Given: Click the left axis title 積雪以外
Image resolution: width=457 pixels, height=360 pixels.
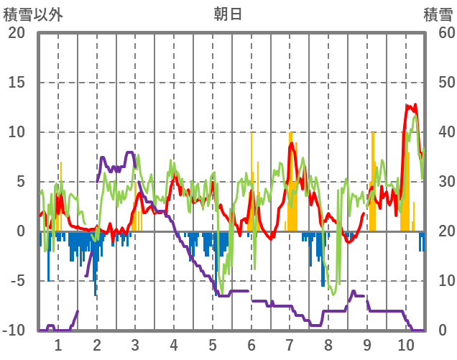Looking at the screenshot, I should [x=33, y=14].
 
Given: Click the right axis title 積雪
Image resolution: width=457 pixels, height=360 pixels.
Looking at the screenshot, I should [x=438, y=14].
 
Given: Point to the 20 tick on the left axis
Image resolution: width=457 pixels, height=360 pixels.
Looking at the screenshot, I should [x=16, y=33].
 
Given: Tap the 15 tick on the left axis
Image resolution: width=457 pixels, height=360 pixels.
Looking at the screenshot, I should [x=16, y=83].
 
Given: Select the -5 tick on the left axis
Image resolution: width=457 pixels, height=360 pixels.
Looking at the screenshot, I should [x=16, y=281].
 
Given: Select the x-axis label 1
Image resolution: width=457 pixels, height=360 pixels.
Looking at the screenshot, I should [x=58, y=344].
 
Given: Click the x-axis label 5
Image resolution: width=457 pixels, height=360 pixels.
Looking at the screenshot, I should [x=213, y=344].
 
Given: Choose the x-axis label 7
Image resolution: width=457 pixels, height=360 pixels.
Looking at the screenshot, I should [x=290, y=344].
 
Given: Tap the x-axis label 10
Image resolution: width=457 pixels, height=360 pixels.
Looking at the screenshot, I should [x=406, y=344].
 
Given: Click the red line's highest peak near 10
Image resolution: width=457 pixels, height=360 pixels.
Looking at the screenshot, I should [x=407, y=106].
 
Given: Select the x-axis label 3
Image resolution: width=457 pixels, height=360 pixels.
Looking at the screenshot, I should [x=135, y=344].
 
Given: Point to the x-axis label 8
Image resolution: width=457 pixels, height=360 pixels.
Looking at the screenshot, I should [x=329, y=344].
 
